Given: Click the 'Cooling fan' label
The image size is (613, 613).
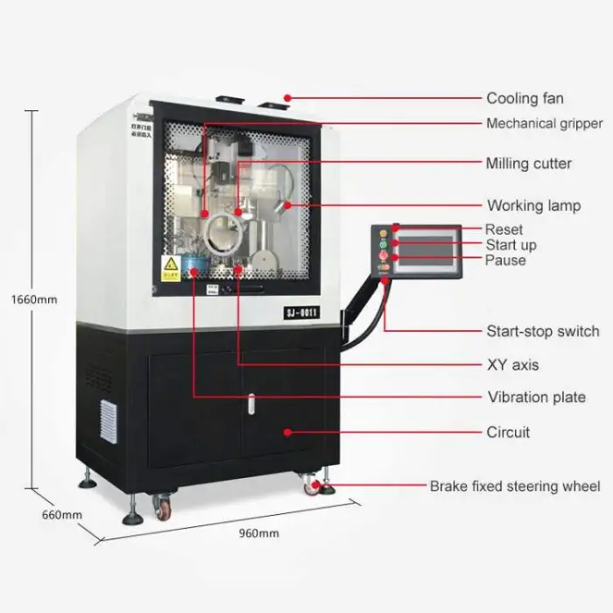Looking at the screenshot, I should pyautogui.click(x=525, y=98).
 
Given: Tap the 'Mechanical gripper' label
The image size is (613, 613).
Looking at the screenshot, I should pyautogui.click(x=544, y=123).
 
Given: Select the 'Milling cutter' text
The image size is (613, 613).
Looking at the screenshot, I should pyautogui.click(x=528, y=164).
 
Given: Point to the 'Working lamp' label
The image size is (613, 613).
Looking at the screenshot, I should pyautogui.click(x=533, y=206).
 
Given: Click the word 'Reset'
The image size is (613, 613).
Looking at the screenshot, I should pyautogui.click(x=504, y=229).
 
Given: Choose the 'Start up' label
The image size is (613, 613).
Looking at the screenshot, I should pyautogui.click(x=511, y=245).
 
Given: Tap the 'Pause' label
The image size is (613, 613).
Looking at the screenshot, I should pyautogui.click(x=505, y=260).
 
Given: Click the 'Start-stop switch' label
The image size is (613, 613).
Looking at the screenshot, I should pyautogui.click(x=543, y=331).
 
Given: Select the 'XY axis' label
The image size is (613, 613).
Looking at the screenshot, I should pyautogui.click(x=512, y=364).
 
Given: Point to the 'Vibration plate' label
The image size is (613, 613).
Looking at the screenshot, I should pyautogui.click(x=536, y=397).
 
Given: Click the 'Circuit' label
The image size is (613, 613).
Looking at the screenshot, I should pyautogui.click(x=508, y=432).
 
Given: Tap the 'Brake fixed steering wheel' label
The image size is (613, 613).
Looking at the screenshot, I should pyautogui.click(x=514, y=486).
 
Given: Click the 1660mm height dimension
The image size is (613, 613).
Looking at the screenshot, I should pyautogui.click(x=33, y=299).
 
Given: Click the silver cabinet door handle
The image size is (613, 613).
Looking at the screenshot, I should pyautogui.click(x=250, y=404).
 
